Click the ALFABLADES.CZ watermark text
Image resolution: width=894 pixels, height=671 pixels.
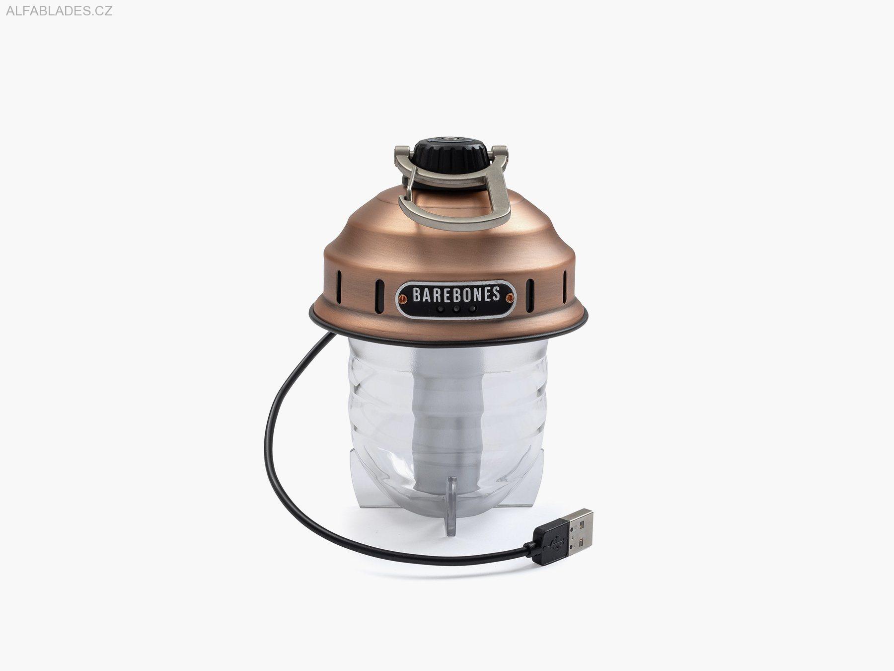coord(59,11)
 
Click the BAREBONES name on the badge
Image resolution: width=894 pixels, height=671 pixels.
coord(455,294)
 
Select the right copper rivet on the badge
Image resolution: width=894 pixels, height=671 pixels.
coord(509,298)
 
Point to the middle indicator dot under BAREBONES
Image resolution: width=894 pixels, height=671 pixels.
coord(456,309)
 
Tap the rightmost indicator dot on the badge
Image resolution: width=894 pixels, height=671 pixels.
coord(472,309)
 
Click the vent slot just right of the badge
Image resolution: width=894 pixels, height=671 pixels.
coord(530,289)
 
